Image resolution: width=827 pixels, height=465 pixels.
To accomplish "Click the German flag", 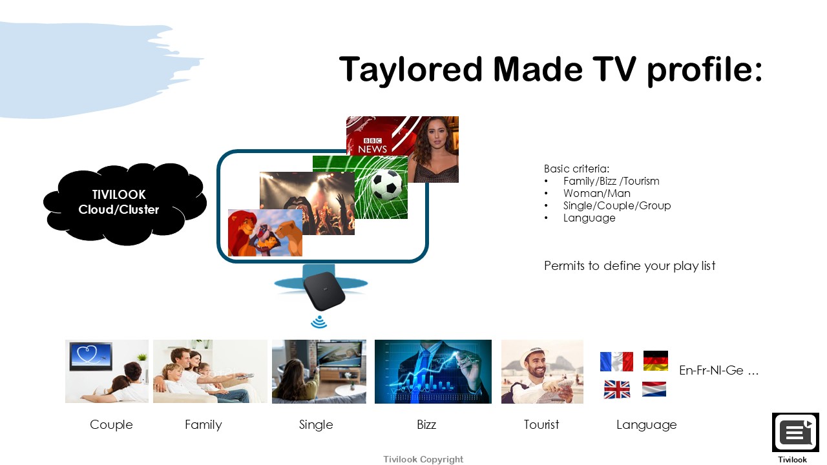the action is tap(656, 360).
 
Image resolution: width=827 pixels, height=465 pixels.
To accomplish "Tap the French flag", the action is tap(616, 361).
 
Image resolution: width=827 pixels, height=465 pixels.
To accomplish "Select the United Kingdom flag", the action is tap(617, 389).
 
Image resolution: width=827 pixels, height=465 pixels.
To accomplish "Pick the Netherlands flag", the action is tap(654, 389).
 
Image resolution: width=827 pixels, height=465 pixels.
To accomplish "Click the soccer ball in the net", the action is tap(386, 184).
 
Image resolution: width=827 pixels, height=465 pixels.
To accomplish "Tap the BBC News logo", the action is tap(372, 146).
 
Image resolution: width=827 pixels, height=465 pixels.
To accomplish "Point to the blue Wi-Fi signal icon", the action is tap(319, 322).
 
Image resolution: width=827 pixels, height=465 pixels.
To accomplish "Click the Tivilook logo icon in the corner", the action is tap(795, 432).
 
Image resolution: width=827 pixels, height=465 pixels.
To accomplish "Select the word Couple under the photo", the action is tap(111, 425).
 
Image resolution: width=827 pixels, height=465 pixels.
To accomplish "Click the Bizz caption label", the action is tap(426, 424).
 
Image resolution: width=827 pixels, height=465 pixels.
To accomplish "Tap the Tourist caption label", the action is tap(541, 424).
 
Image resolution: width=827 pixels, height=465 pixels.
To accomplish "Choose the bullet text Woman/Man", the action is tap(596, 193).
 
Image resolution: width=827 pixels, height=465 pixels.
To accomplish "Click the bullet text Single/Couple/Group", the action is tap(617, 205).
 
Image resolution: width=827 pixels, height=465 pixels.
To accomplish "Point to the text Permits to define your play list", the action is tap(629, 265).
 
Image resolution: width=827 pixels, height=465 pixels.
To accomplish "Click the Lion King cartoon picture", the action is tap(265, 232).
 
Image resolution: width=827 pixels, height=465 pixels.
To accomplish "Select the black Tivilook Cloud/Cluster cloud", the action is tap(125, 204).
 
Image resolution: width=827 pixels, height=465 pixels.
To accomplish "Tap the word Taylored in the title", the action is tap(410, 70).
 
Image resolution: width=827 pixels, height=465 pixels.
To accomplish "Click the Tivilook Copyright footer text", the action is tap(423, 459).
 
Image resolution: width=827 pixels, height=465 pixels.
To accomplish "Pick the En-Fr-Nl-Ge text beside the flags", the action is tap(719, 370).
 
